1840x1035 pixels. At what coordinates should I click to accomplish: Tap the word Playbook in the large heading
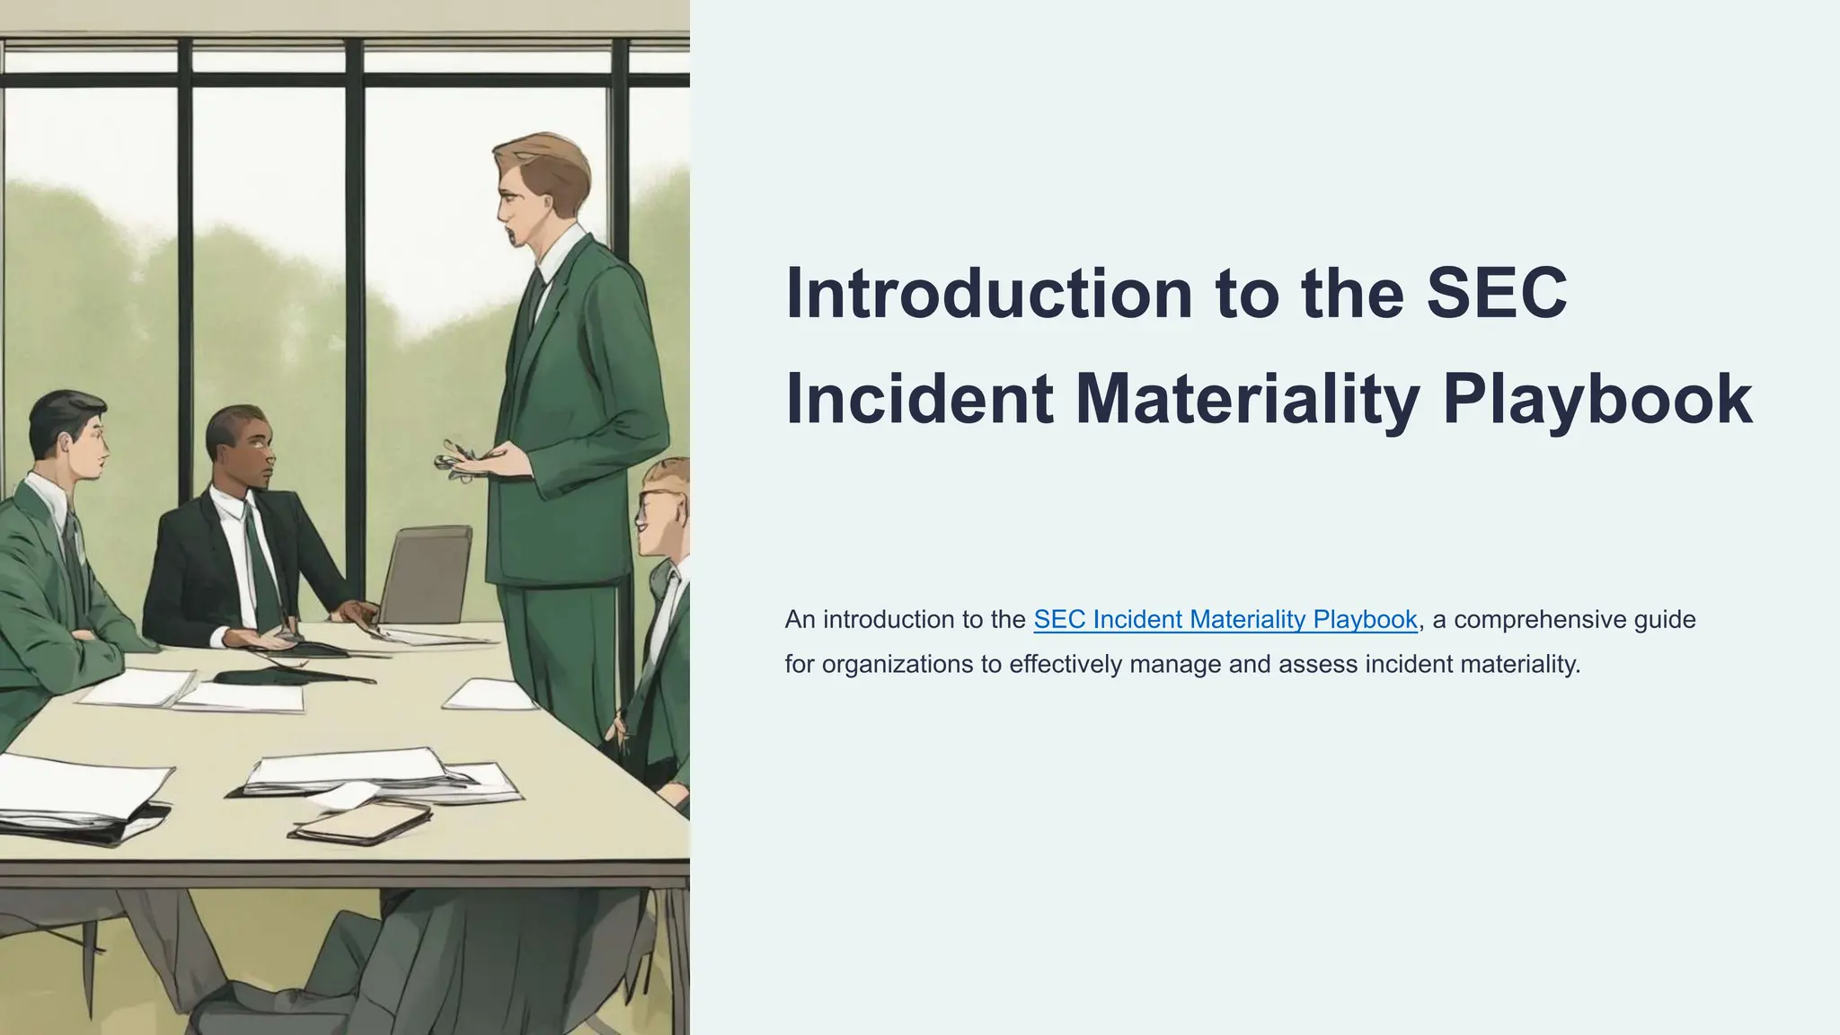coord(1597,399)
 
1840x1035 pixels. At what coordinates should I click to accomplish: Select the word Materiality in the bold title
coord(1248,399)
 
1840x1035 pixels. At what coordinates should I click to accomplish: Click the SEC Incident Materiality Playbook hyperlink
coord(1225,619)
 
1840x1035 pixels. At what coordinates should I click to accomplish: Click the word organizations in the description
coord(898,664)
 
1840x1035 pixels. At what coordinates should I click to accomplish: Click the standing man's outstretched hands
coord(473,458)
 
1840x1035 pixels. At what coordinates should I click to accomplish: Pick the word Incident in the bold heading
coord(919,399)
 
